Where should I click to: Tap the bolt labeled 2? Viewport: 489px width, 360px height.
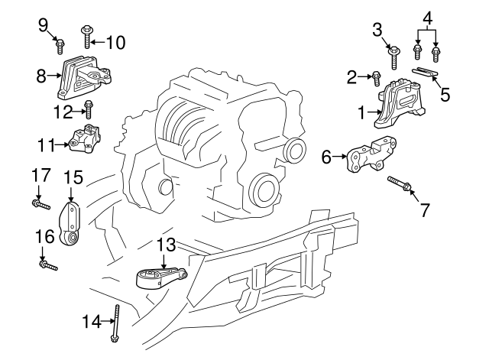pyautogui.click(x=377, y=76)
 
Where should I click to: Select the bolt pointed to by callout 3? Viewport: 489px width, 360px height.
pyautogui.click(x=394, y=56)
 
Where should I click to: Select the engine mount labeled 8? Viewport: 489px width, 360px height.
pyautogui.click(x=85, y=78)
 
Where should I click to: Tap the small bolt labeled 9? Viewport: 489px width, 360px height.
pyautogui.click(x=60, y=47)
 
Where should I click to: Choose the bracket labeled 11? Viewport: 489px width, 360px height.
pyautogui.click(x=86, y=139)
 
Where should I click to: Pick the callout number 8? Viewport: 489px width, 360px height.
pyautogui.click(x=42, y=76)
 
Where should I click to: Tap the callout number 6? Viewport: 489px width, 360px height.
pyautogui.click(x=327, y=158)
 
